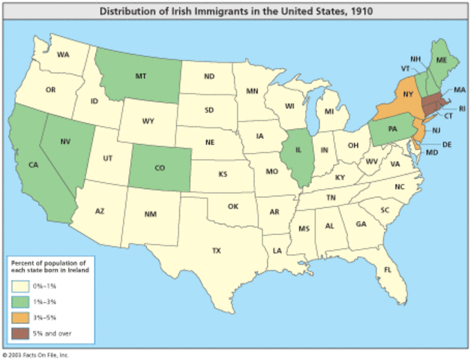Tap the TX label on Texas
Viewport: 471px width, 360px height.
[216, 250]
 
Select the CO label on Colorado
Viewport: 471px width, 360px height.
[159, 168]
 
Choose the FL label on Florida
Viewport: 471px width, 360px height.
[388, 269]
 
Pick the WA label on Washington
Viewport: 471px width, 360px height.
[63, 55]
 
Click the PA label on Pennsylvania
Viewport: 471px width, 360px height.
[392, 128]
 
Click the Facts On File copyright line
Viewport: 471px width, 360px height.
[36, 352]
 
